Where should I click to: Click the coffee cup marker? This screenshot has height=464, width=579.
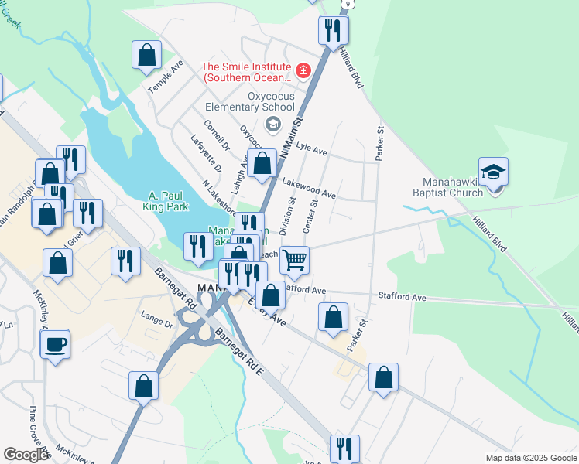[55, 343]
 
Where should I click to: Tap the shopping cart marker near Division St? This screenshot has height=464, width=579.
[294, 261]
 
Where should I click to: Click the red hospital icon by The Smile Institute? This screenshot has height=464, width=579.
[303, 72]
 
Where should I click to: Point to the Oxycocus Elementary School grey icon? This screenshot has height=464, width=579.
[272, 124]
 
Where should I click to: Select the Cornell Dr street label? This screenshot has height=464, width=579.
[217, 135]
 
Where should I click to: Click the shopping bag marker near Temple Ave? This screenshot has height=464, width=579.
[146, 55]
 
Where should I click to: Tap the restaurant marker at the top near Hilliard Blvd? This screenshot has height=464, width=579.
[333, 30]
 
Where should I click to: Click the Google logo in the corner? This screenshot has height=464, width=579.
[26, 455]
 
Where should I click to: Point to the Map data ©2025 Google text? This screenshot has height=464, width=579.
[531, 458]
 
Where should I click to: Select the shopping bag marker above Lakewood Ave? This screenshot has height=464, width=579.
[262, 163]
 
